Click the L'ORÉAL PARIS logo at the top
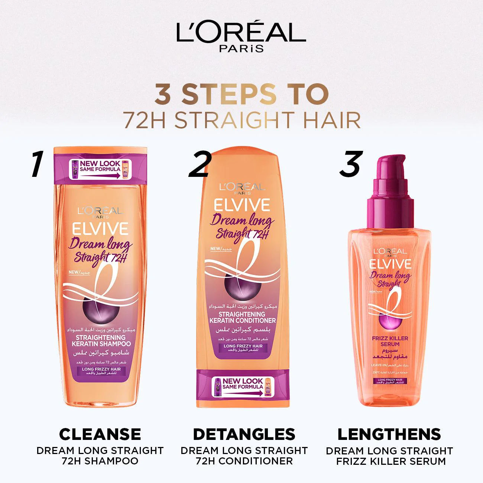[x=241, y=37]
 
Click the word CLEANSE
[x=100, y=434]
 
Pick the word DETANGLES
[x=244, y=434]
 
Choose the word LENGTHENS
[x=389, y=434]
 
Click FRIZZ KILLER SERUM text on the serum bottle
[x=390, y=341]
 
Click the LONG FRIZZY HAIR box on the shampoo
[x=99, y=372]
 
